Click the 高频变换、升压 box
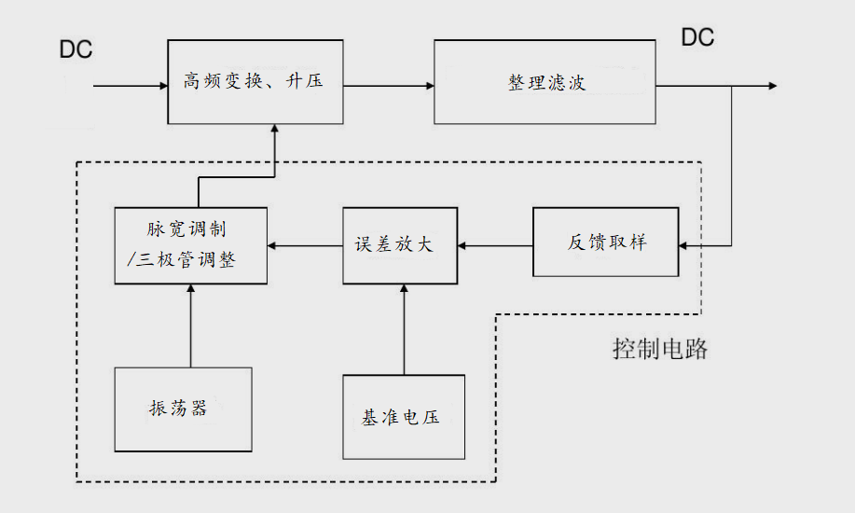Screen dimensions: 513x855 tap(255, 82)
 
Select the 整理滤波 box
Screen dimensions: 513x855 tap(545, 82)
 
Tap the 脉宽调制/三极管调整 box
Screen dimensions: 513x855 tap(190, 245)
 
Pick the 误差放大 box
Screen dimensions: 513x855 tap(401, 245)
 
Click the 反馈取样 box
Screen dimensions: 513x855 tap(606, 243)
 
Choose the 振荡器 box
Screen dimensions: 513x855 tap(183, 409)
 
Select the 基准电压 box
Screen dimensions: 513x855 tap(403, 417)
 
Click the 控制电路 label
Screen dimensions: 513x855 tap(660, 351)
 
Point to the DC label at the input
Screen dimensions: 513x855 tap(76, 49)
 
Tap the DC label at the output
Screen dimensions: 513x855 tap(697, 37)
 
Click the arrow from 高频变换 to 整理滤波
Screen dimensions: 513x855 tap(388, 86)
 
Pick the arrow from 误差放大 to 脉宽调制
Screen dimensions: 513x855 tap(304, 245)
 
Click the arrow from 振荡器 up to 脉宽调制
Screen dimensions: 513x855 tap(190, 326)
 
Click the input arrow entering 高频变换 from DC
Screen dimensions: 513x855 tap(131, 86)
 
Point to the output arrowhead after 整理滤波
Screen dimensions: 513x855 tap(770, 86)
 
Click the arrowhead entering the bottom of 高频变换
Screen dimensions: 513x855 tap(275, 131)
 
